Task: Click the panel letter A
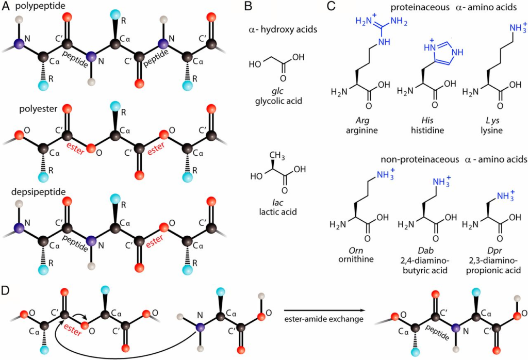tap(5, 7)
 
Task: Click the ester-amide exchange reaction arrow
tap(319, 311)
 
